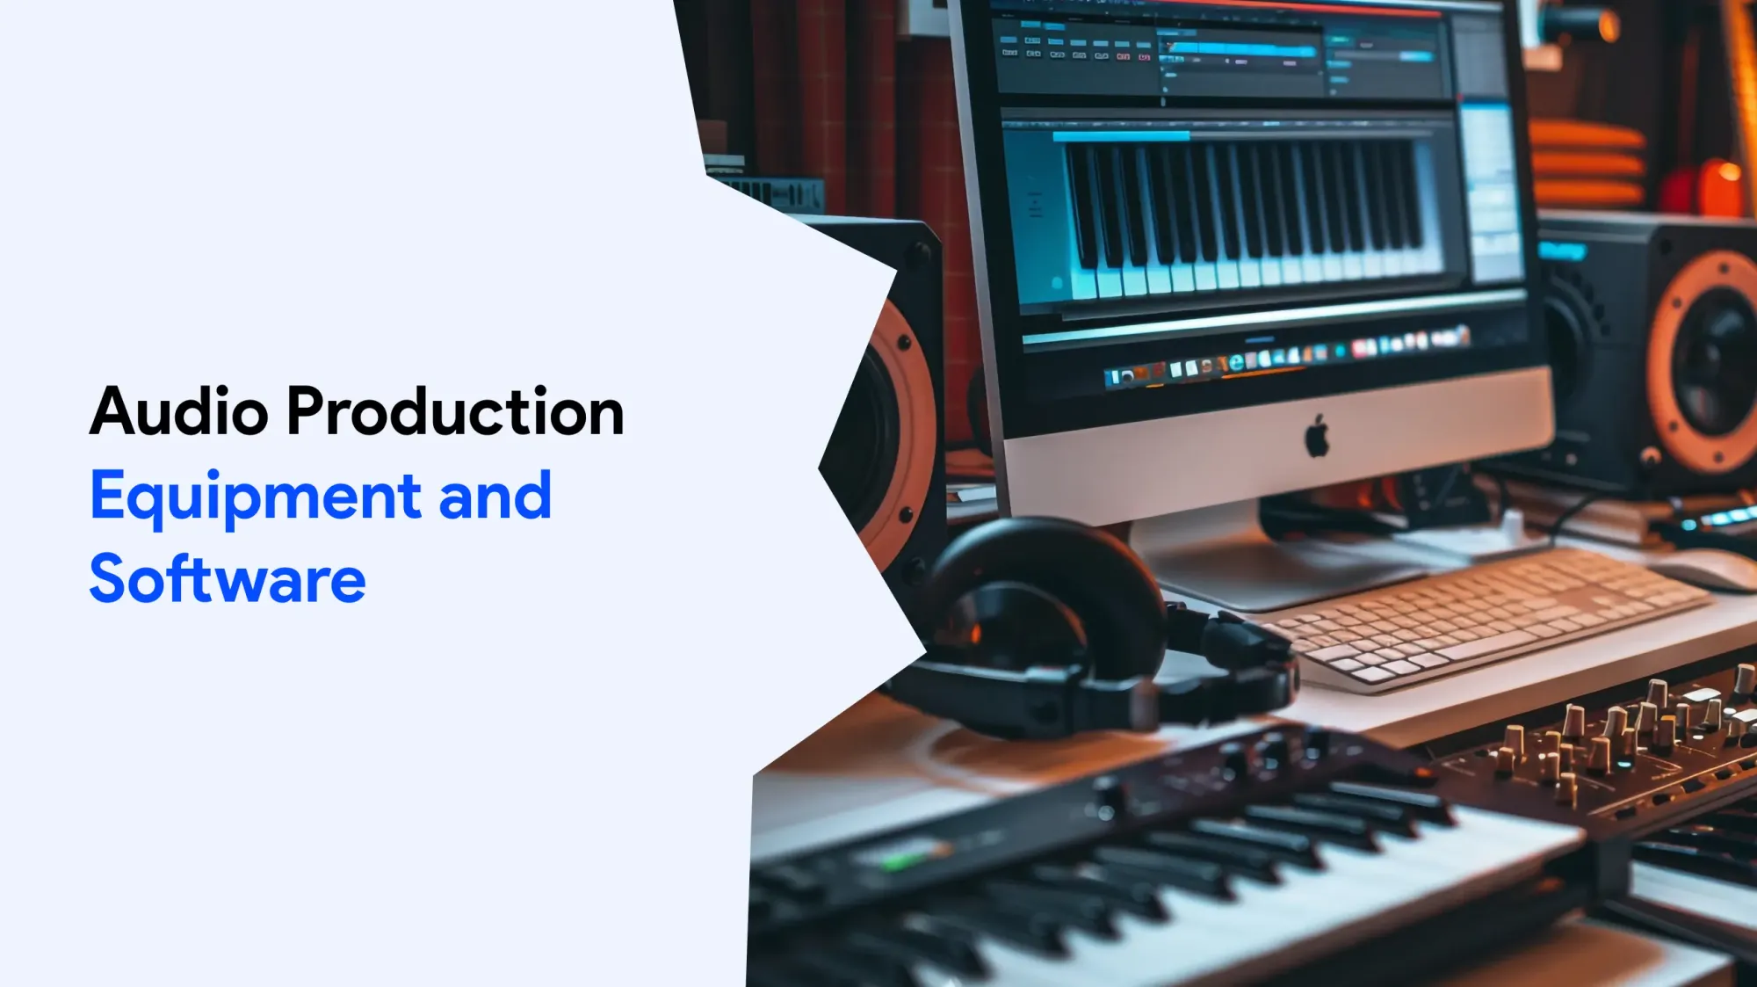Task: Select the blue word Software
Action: [x=228, y=578]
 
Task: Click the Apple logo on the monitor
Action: [x=1317, y=436]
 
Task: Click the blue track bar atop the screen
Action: [x=1239, y=50]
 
